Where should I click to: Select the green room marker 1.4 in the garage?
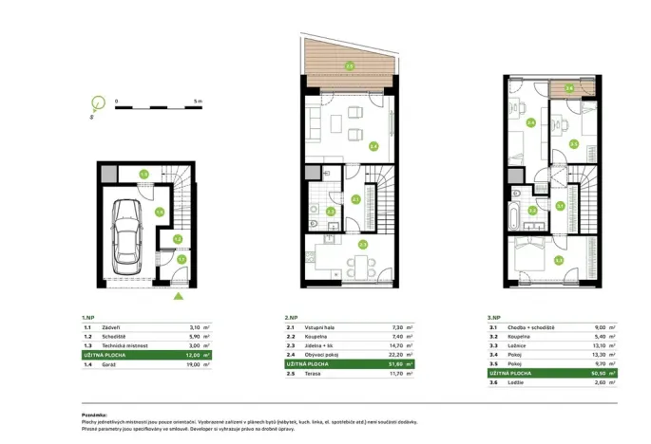tap(159, 213)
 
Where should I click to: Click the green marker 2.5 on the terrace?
tap(350, 65)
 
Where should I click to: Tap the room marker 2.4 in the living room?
tap(373, 146)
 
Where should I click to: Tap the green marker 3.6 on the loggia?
tap(569, 89)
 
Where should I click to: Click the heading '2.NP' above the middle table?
tap(291, 318)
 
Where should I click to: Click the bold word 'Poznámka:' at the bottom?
tap(94, 414)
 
